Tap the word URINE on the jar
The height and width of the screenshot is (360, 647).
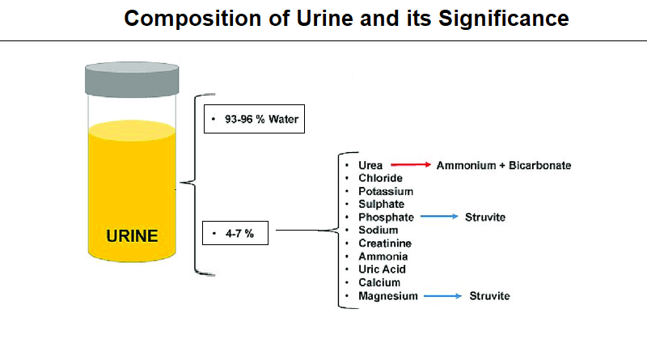(133, 237)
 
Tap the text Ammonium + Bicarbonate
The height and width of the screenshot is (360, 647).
(504, 165)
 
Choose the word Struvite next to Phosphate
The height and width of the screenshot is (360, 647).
(485, 218)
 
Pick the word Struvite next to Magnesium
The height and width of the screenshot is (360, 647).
(490, 296)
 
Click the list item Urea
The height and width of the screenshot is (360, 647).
(370, 165)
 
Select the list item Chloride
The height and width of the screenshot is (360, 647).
(380, 178)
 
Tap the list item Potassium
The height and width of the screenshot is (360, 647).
(386, 192)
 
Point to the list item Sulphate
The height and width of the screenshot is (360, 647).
(382, 205)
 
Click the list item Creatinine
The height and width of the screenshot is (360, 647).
(385, 244)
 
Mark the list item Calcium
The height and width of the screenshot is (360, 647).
(378, 282)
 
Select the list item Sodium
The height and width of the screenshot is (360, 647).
(378, 231)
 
